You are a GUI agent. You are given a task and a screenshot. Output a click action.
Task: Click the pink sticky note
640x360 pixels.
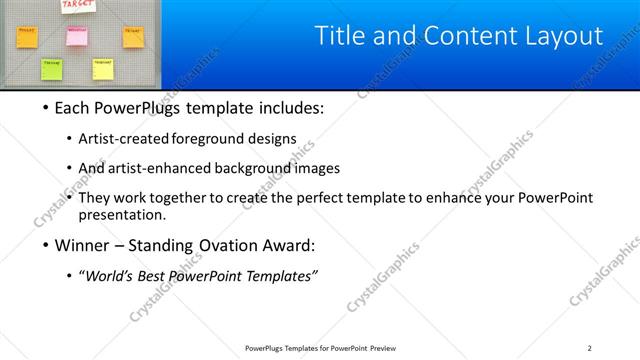[x=77, y=37]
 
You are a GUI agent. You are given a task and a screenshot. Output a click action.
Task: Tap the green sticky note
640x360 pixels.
[x=51, y=68]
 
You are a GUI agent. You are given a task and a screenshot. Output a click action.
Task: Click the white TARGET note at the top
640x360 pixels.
[x=78, y=6]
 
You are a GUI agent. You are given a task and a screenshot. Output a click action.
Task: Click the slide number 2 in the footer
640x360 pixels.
[x=589, y=348]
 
